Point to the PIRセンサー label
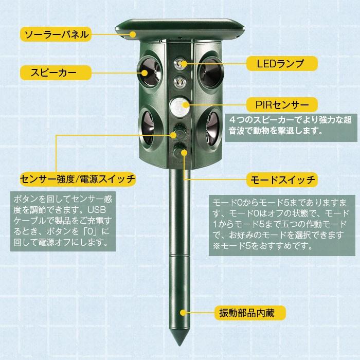tap(279, 105)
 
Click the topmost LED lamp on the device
tap(179, 64)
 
